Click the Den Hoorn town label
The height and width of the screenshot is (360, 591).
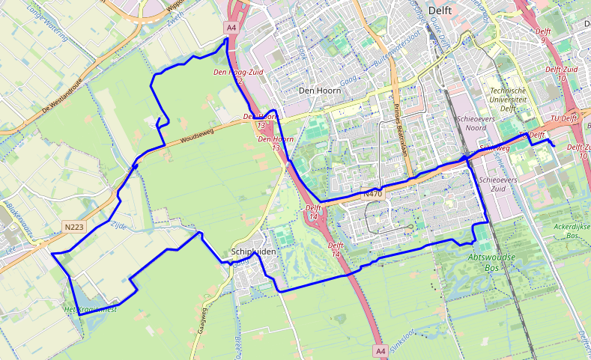tap(319, 91)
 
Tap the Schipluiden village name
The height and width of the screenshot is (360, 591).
tap(254, 252)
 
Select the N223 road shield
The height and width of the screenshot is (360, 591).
tap(73, 225)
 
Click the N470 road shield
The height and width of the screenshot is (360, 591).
tap(372, 194)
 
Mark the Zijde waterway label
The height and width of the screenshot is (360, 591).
tap(119, 224)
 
